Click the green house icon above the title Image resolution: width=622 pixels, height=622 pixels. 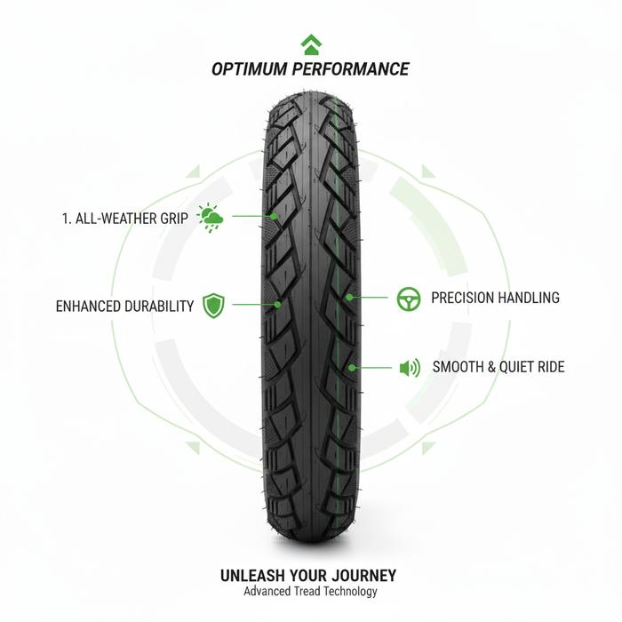[x=310, y=44]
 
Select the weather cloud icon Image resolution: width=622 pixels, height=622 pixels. [x=210, y=217]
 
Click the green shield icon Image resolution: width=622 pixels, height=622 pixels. [x=213, y=306]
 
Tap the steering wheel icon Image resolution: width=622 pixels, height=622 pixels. [x=409, y=299]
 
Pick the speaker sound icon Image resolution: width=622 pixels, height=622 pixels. [x=409, y=367]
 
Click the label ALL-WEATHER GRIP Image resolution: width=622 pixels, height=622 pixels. [x=132, y=218]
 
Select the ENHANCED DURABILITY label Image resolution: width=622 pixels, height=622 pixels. [x=124, y=307]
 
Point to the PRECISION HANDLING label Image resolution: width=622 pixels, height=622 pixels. [x=495, y=299]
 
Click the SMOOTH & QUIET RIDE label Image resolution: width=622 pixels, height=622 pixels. [x=498, y=367]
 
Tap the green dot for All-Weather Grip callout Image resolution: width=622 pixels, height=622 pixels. [x=275, y=216]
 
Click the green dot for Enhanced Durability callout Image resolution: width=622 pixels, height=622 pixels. [x=278, y=305]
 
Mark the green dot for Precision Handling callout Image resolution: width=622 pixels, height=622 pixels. [x=349, y=298]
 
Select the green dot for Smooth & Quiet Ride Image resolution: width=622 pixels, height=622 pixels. [x=353, y=366]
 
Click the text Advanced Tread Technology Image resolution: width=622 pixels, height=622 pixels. [x=310, y=592]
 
